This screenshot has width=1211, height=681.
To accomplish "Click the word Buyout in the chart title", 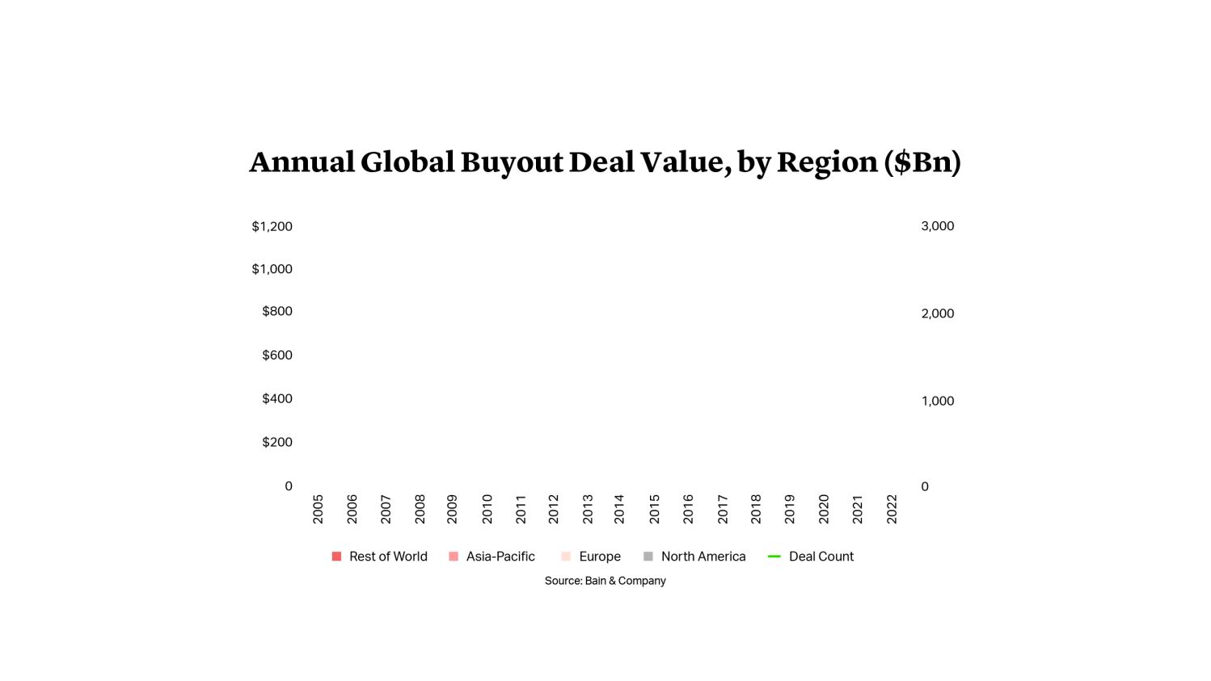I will coord(512,162).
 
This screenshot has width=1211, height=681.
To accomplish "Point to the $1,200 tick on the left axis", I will coord(272,226).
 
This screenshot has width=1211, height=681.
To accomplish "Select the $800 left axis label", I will coord(276,311).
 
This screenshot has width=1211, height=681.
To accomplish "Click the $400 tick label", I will coord(276,398).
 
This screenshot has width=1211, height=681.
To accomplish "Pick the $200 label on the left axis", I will coord(276,442).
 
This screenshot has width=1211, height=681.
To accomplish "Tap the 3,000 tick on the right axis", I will coord(937,226).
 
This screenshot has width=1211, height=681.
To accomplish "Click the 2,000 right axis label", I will coord(937,313).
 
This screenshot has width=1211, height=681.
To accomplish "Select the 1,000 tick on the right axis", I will coord(937,401).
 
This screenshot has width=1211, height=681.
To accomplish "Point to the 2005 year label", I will coord(318,509).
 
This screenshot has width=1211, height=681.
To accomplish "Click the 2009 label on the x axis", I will coord(452,509).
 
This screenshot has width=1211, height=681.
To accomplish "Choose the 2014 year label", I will coord(619,509).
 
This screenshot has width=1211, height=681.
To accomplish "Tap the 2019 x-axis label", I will coord(789,509).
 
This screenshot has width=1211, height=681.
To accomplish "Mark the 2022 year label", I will coord(892,509).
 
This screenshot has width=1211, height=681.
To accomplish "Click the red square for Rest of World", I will coord(336,557).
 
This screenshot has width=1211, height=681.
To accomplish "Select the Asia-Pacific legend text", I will coord(500,557).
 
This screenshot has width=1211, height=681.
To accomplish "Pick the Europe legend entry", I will coord(599,557).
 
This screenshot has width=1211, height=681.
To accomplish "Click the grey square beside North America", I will coord(648,557).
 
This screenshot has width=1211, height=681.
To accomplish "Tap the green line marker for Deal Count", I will coord(774,557).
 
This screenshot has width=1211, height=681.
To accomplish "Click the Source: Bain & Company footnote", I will coord(605,581).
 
